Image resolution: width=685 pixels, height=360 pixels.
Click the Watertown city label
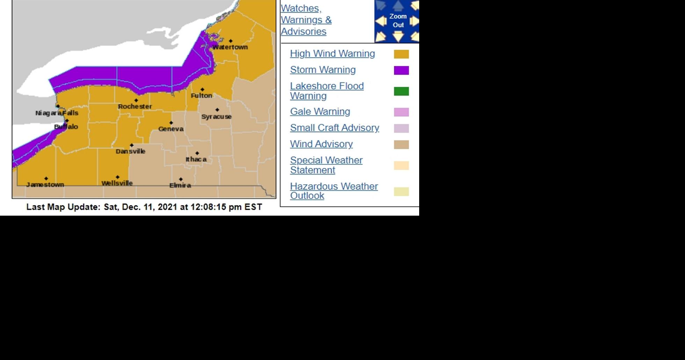(x=230, y=47)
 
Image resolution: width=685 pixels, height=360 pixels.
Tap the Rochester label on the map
(x=135, y=106)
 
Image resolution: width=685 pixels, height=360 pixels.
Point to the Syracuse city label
(x=216, y=117)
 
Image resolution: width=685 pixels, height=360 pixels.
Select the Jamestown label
(x=45, y=185)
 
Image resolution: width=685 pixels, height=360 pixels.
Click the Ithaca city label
(x=196, y=159)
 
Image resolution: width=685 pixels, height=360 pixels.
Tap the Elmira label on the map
(x=180, y=185)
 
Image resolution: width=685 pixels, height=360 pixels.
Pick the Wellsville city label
(x=117, y=183)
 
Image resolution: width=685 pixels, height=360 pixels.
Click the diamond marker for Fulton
(x=202, y=90)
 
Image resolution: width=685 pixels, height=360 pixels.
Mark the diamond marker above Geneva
(x=171, y=123)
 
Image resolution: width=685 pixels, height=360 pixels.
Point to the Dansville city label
(x=131, y=151)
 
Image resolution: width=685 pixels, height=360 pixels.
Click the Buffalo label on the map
(x=66, y=127)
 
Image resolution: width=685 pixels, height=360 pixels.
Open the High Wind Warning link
(x=332, y=53)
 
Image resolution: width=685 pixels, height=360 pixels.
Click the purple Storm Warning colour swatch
(x=401, y=70)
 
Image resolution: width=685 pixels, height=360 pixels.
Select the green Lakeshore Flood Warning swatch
(x=401, y=91)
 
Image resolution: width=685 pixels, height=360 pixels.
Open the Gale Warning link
(x=320, y=111)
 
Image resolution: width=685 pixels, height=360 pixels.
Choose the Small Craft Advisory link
(x=334, y=128)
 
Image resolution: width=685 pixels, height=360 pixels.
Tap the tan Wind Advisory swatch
(x=401, y=144)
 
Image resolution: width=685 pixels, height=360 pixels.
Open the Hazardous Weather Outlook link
(x=334, y=191)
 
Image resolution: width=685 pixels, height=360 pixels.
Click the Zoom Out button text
(x=398, y=21)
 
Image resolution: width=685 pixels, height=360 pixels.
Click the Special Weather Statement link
(x=326, y=165)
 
